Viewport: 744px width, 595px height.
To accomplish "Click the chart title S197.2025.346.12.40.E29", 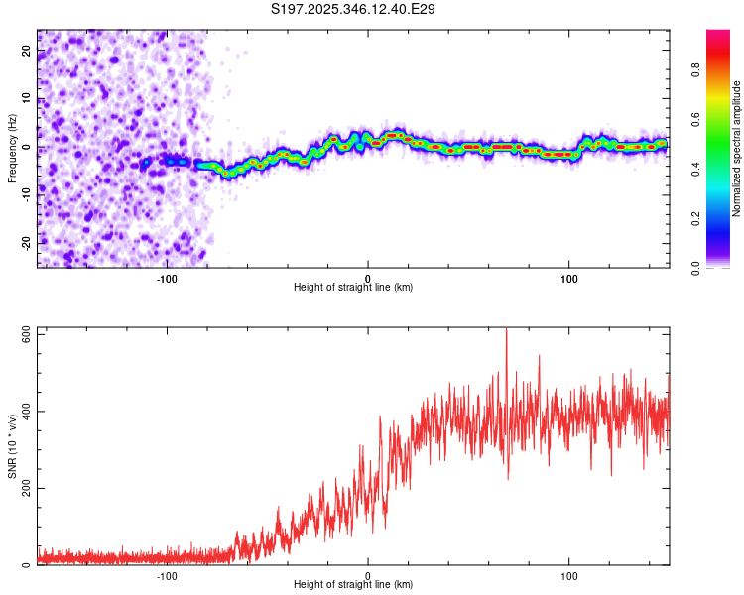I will pyautogui.click(x=354, y=10).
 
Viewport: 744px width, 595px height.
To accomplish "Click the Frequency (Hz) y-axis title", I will pyautogui.click(x=12, y=148).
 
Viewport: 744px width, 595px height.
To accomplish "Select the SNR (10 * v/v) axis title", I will pyautogui.click(x=12, y=446).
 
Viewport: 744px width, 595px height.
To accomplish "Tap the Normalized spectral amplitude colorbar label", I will pyautogui.click(x=737, y=149).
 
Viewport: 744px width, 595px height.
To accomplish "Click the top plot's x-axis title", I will pyautogui.click(x=353, y=287).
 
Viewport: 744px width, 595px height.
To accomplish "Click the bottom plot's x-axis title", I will pyautogui.click(x=353, y=585).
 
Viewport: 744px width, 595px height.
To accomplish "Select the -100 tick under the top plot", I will pyautogui.click(x=167, y=277).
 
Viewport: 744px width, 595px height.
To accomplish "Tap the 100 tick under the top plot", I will pyautogui.click(x=569, y=277).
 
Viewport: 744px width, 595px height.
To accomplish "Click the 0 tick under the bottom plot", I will pyautogui.click(x=368, y=575).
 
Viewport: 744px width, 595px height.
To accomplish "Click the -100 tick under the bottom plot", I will pyautogui.click(x=167, y=575).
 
